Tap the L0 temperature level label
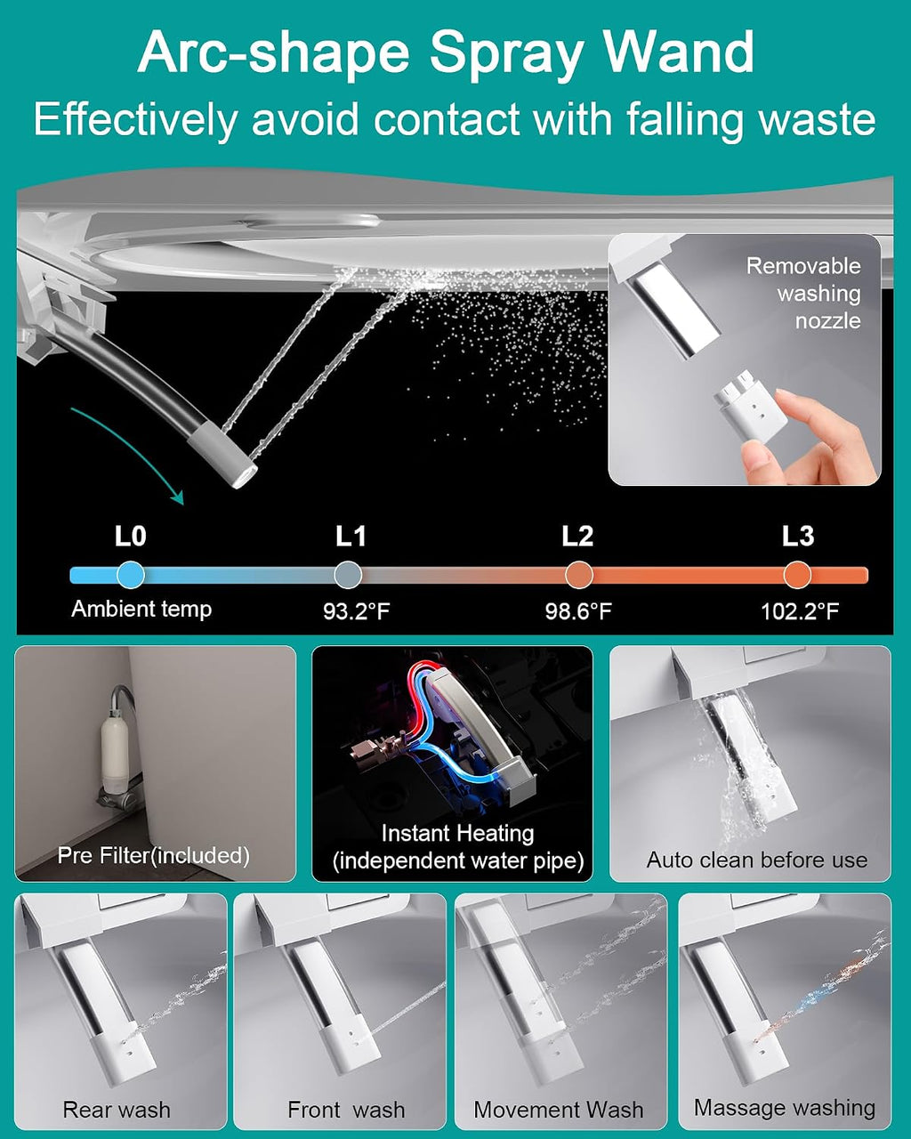point(130,537)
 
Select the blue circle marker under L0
point(130,575)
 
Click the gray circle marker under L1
point(348,575)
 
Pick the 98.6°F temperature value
point(578,612)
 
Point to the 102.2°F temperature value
point(800,612)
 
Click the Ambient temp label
point(141,610)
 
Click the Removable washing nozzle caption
point(803,294)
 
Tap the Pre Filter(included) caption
point(154,855)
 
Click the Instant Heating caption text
point(458,834)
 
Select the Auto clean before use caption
point(757,860)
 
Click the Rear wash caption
point(117,1110)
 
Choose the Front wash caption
point(346,1110)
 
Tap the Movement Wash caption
point(559,1110)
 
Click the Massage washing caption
point(785,1108)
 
